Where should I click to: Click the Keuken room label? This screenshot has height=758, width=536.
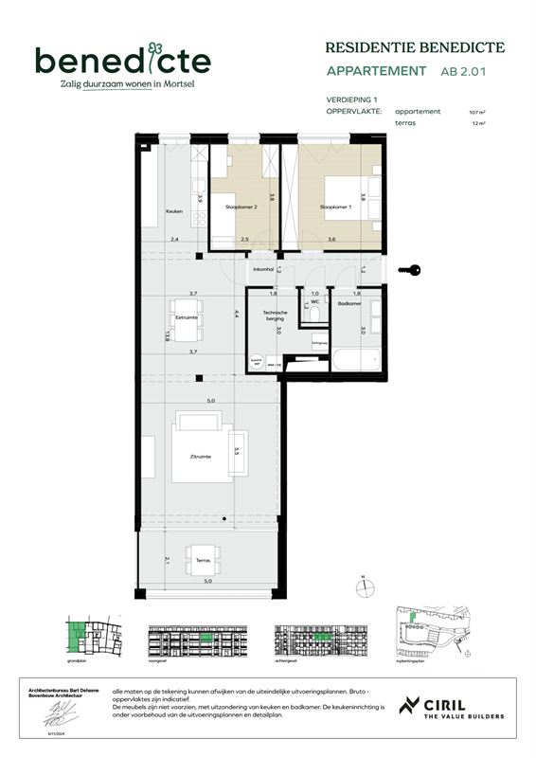coord(173,211)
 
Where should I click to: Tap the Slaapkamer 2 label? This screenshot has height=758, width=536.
coord(241,206)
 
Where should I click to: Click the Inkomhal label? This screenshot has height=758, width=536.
coord(262,269)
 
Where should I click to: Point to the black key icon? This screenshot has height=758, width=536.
coord(409,271)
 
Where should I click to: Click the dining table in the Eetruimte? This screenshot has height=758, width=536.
coord(185,318)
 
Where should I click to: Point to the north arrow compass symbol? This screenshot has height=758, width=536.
coord(363,588)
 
